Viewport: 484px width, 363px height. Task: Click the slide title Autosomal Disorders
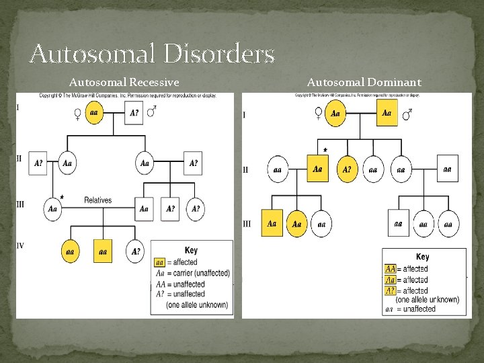(x=152, y=52)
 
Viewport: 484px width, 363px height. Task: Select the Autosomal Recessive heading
(x=124, y=83)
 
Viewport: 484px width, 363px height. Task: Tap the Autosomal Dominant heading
(x=364, y=83)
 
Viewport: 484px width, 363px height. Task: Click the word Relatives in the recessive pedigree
(x=98, y=200)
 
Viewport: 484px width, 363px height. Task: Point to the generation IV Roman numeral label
(x=20, y=246)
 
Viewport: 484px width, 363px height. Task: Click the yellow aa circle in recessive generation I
(x=93, y=113)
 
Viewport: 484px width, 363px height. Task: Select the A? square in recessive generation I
(x=135, y=113)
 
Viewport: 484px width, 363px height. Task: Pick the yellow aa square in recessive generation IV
(x=103, y=251)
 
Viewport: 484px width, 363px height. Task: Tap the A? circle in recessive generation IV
(x=136, y=251)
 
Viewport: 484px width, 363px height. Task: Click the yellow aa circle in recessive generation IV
(x=70, y=251)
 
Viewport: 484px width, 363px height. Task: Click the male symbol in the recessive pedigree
(x=152, y=112)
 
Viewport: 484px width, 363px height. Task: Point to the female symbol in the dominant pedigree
(x=319, y=114)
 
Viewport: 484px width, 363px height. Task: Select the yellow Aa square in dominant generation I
(x=387, y=114)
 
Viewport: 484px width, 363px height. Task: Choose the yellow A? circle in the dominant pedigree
(x=347, y=169)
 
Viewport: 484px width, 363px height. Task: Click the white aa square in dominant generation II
(x=447, y=169)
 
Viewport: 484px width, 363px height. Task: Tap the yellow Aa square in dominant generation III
(x=272, y=223)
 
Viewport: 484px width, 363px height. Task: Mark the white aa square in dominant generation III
(x=399, y=223)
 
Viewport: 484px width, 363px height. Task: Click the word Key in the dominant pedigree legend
(x=423, y=257)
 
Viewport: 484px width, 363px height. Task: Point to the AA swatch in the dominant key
(x=390, y=269)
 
